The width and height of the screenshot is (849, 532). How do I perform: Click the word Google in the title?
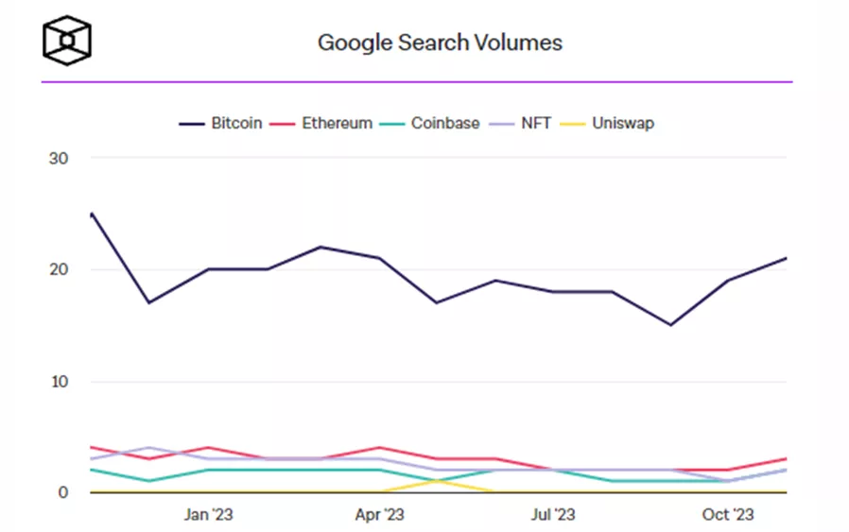(348, 43)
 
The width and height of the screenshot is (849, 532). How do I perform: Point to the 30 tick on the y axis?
(59, 158)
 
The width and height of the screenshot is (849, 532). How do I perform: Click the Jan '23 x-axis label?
(208, 515)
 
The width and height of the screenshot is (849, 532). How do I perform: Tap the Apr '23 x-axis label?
(380, 515)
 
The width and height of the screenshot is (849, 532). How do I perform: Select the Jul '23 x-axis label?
(553, 515)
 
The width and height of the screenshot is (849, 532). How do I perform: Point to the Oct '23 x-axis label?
(728, 515)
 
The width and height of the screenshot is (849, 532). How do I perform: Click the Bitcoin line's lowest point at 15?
(670, 325)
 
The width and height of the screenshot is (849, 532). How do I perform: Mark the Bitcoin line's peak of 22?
(321, 247)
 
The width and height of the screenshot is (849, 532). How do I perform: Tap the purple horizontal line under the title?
(416, 82)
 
